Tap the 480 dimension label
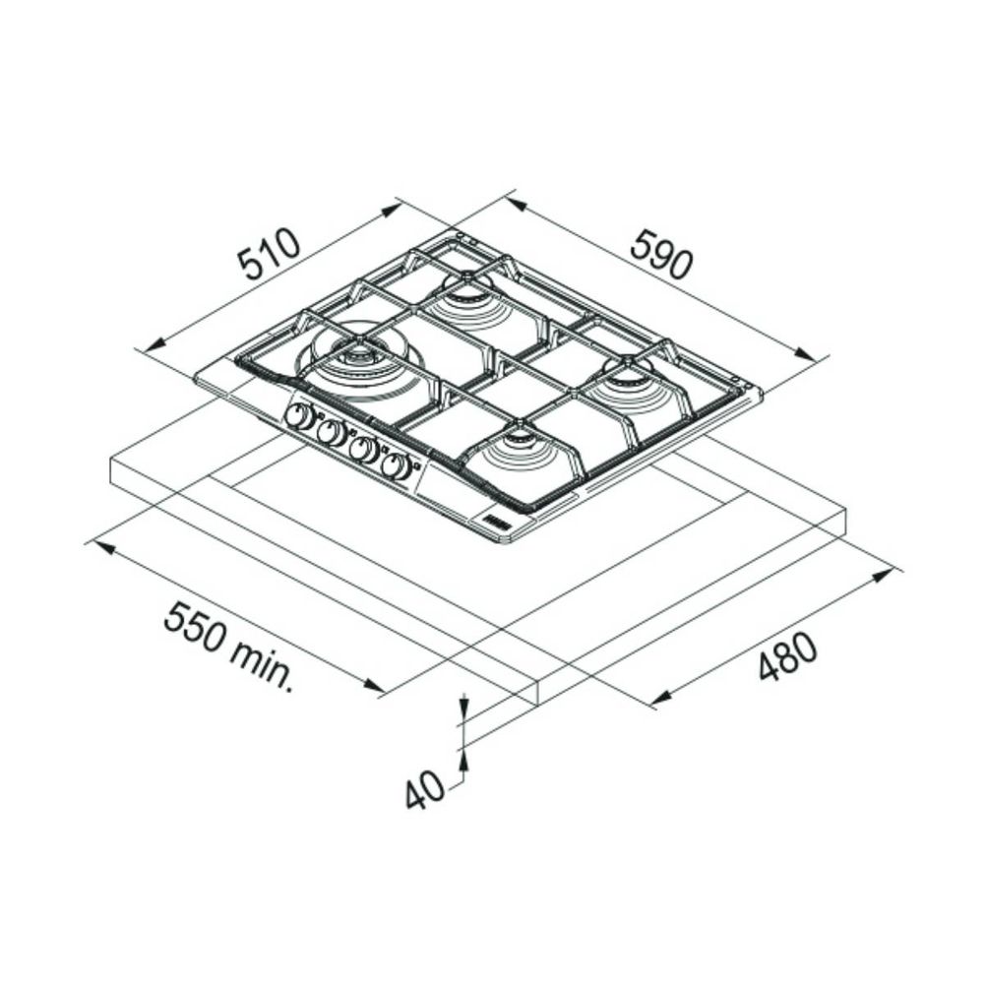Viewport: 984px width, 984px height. [x=787, y=656]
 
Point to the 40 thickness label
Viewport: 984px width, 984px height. [x=424, y=791]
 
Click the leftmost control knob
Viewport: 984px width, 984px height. [x=299, y=415]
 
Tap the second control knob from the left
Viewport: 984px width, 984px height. [x=332, y=432]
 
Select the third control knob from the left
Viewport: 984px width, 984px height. [x=363, y=449]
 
